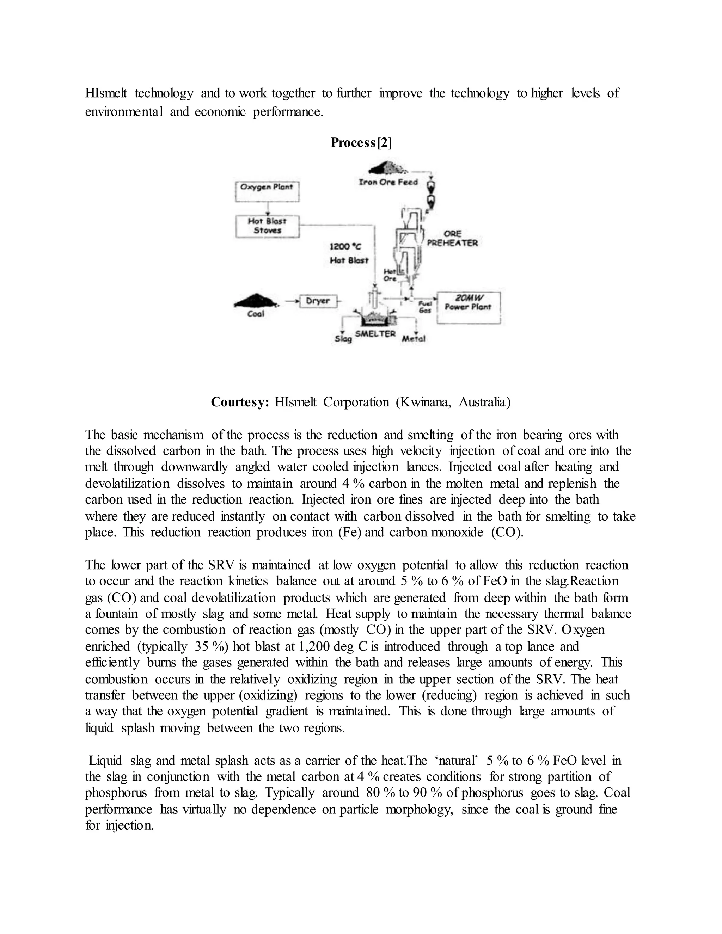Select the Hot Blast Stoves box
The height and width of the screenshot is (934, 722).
267,226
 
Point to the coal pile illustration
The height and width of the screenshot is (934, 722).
255,301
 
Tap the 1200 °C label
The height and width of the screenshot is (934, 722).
345,247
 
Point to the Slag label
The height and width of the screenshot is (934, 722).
343,339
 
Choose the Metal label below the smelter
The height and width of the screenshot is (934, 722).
414,339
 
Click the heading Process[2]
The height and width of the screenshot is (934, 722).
361,142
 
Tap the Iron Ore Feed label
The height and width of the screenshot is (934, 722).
388,182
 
